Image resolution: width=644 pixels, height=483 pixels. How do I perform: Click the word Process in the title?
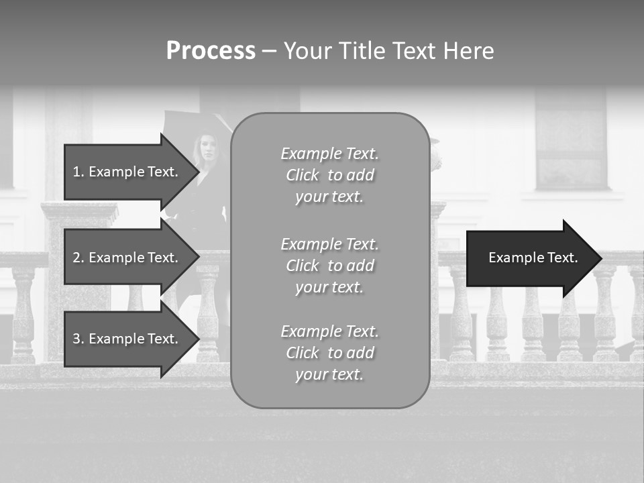click(211, 51)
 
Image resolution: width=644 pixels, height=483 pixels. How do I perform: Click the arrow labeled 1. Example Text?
click(125, 172)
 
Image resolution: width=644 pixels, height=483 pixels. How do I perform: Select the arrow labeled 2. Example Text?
click(125, 258)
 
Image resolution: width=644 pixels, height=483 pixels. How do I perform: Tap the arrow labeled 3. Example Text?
click(125, 339)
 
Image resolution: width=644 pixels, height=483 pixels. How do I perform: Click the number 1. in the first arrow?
click(78, 172)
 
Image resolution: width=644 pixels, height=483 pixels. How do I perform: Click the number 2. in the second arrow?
click(78, 258)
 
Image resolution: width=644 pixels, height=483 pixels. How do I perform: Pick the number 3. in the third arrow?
click(78, 339)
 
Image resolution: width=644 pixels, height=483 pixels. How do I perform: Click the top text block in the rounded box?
click(329, 175)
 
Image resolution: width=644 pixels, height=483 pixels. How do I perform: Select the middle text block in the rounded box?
click(329, 265)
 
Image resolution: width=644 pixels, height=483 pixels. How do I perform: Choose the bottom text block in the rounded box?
click(329, 353)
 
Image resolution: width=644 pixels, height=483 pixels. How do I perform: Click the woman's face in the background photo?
click(207, 146)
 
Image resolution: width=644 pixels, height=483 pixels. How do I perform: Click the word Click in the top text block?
click(303, 175)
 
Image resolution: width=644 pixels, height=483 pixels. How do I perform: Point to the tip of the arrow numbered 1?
click(199, 172)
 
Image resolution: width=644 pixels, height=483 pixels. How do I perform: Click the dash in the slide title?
click(269, 51)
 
